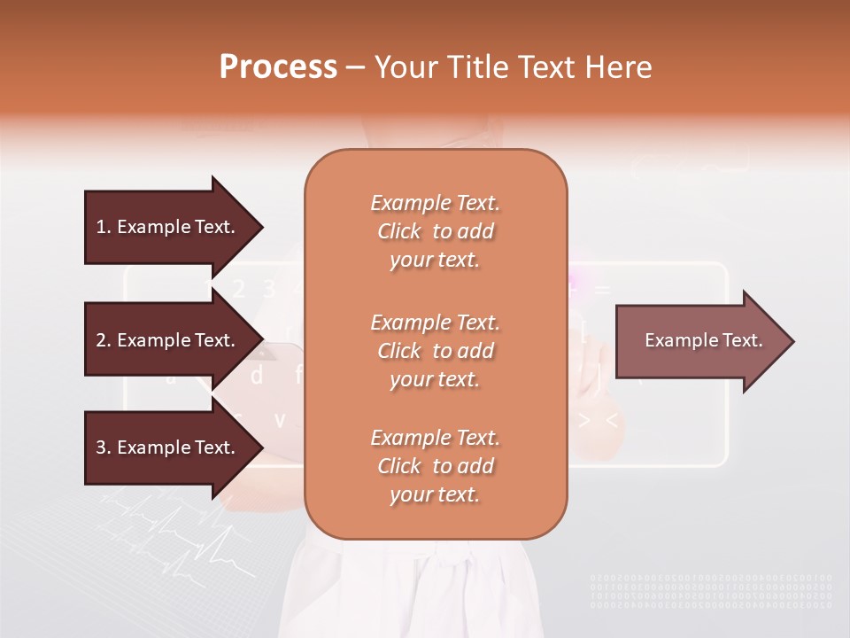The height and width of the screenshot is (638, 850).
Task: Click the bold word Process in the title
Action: pos(278,67)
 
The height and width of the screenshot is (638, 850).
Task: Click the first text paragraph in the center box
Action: pos(435,231)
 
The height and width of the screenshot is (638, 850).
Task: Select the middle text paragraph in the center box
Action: pos(435,351)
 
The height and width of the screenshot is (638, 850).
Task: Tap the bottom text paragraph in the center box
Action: pos(435,466)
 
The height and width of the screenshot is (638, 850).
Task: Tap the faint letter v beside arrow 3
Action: pos(280,419)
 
